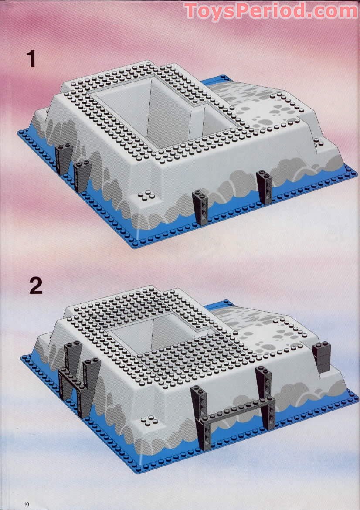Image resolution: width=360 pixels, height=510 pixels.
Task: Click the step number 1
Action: (x=31, y=58)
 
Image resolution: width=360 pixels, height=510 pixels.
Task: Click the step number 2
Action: (x=36, y=285)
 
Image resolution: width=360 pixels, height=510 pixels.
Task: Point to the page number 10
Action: (x=26, y=504)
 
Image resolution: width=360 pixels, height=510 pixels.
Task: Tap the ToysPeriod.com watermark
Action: (x=271, y=11)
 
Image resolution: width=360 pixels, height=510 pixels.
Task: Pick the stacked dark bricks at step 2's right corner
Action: (x=322, y=357)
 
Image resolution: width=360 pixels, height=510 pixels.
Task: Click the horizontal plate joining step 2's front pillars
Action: (x=237, y=411)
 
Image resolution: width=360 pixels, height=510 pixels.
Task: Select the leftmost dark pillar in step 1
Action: (x=64, y=158)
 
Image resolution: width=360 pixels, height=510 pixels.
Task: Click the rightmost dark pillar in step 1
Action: (x=265, y=187)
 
